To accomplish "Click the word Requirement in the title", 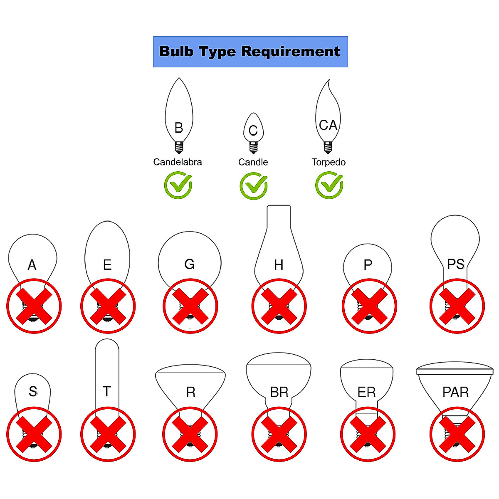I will point(290,52).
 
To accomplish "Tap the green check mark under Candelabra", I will point(178,185).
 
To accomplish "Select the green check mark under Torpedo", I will point(329,185).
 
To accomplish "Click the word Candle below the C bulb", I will point(253,162).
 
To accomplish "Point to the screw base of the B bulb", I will point(179,147).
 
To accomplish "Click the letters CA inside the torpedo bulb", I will point(328,125).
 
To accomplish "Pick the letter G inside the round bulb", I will point(189,264).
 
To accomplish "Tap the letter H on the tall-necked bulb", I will point(279,265).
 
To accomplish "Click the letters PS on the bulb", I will point(456,264).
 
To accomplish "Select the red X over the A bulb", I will point(34,306).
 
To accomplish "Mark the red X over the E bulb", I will point(108,306).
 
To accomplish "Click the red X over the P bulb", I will point(369,306).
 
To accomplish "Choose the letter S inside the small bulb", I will point(33,391).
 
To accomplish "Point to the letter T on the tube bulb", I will point(107,391).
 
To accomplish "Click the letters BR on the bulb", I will point(279,392).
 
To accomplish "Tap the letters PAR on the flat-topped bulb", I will point(455,392).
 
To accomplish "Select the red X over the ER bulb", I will point(368,434).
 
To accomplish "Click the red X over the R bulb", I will point(190,434).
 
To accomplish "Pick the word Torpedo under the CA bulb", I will point(329,162).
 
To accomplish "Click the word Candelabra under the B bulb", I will point(178,162).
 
